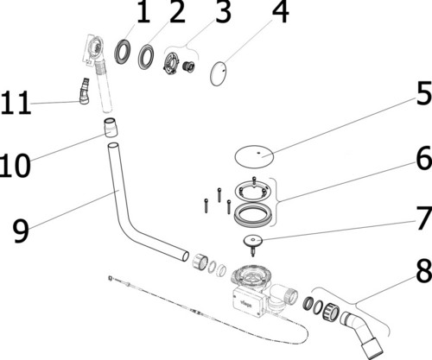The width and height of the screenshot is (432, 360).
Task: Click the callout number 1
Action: coord(143,13)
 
